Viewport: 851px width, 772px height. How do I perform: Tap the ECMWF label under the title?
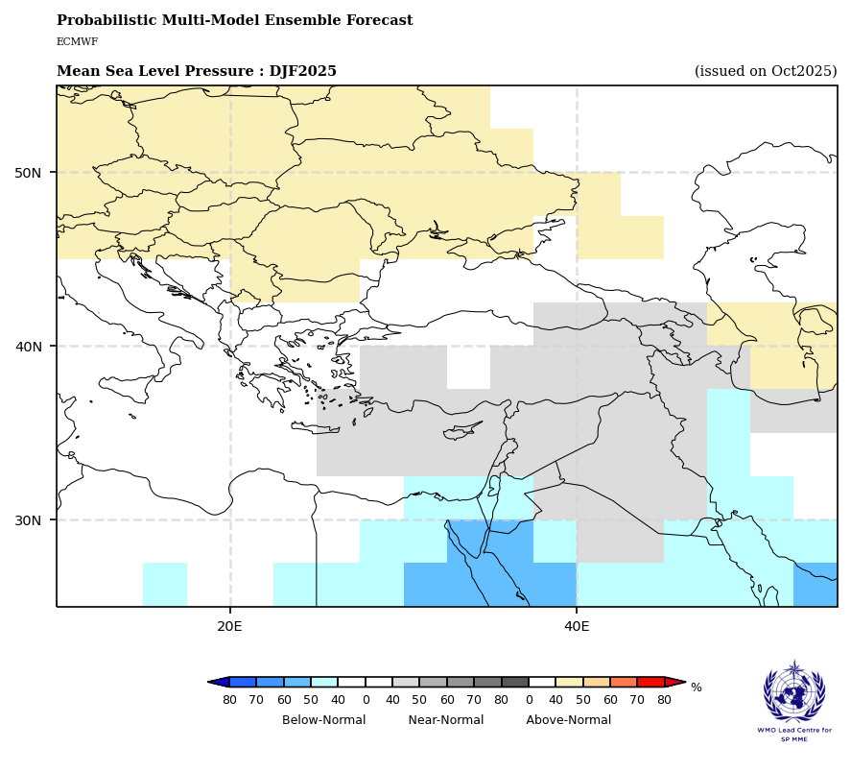(77, 42)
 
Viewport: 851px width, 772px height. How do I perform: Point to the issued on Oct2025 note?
(766, 72)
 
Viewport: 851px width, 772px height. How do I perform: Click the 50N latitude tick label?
(28, 173)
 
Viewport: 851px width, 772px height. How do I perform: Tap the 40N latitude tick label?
(28, 347)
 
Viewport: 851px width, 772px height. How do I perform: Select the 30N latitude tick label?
(28, 520)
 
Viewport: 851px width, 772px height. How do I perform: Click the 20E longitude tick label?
(230, 626)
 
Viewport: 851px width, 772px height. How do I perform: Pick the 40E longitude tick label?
(577, 626)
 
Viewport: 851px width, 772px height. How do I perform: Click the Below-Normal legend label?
(323, 720)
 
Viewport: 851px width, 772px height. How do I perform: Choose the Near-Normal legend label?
(445, 720)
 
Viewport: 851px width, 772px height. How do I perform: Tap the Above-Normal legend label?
(568, 720)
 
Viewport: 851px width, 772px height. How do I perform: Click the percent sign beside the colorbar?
(697, 688)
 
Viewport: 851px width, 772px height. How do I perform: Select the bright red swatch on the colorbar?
(651, 682)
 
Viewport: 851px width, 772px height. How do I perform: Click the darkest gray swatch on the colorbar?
(515, 682)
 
